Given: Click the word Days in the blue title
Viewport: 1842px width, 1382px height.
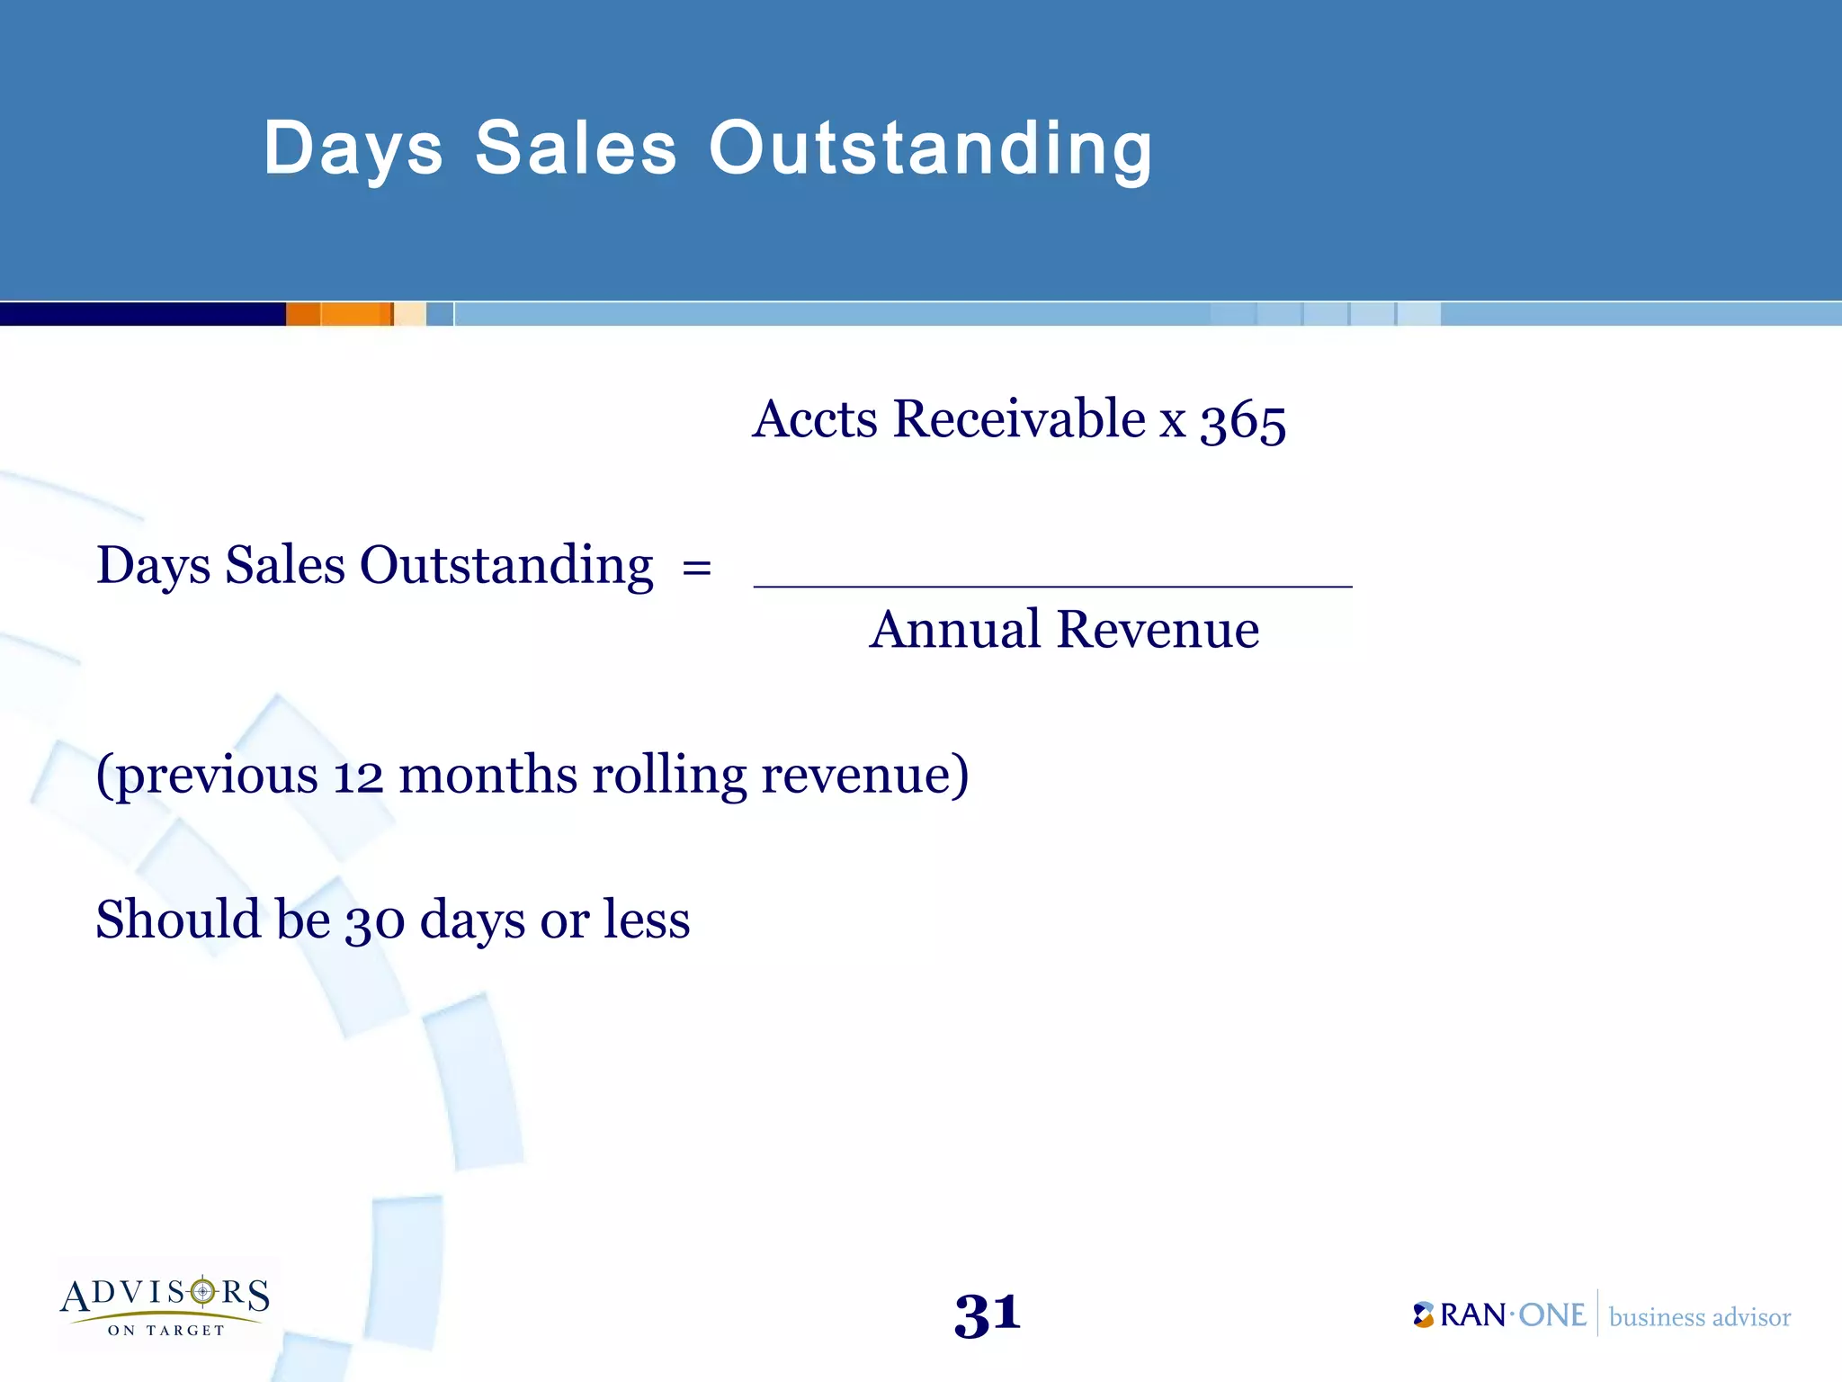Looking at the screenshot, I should (353, 149).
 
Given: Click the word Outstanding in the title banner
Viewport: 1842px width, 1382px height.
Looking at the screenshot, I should (930, 149).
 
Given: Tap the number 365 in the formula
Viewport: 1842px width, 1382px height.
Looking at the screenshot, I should (1243, 421).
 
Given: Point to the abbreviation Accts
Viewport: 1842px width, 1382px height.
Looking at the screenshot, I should (815, 419).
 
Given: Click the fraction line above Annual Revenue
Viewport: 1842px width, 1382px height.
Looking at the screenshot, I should (1052, 587).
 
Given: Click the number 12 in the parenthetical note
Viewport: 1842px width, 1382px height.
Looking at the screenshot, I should (358, 776).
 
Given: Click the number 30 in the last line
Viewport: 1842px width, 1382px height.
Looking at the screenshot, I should (375, 921).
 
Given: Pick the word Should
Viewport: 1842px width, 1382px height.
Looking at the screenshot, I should (177, 920).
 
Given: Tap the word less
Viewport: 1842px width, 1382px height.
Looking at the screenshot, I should (647, 920).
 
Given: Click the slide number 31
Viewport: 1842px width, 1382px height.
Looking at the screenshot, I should (987, 1315).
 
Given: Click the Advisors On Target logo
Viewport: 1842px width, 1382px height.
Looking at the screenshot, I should (165, 1305).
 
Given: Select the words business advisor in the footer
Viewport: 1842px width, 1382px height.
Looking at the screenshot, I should (1699, 1317).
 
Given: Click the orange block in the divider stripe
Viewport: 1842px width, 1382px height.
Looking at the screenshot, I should (339, 314).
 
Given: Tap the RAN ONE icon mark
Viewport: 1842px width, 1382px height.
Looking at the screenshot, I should (1423, 1315).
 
